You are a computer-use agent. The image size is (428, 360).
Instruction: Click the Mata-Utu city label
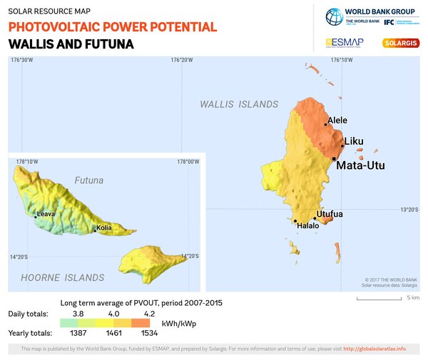(x=360, y=165)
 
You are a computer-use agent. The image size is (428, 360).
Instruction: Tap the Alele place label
(x=337, y=120)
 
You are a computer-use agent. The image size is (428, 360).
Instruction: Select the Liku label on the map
(x=354, y=142)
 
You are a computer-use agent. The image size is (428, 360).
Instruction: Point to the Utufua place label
(x=330, y=214)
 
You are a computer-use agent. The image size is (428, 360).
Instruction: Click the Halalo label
(x=308, y=226)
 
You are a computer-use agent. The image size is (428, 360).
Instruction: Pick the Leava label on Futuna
(x=46, y=213)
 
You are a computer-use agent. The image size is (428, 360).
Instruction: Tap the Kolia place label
(x=104, y=229)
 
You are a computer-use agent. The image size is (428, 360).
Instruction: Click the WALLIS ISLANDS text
(x=239, y=104)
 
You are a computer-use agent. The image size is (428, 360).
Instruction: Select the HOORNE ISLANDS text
(x=62, y=277)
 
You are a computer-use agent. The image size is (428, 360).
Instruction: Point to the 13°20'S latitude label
(x=409, y=210)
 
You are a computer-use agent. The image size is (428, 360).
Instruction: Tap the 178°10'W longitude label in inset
(x=27, y=162)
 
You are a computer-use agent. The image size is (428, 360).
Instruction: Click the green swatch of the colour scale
(x=70, y=323)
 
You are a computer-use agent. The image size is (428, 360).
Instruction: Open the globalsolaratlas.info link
(x=375, y=349)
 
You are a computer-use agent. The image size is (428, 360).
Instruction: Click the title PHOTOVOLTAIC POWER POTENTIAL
(x=113, y=27)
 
